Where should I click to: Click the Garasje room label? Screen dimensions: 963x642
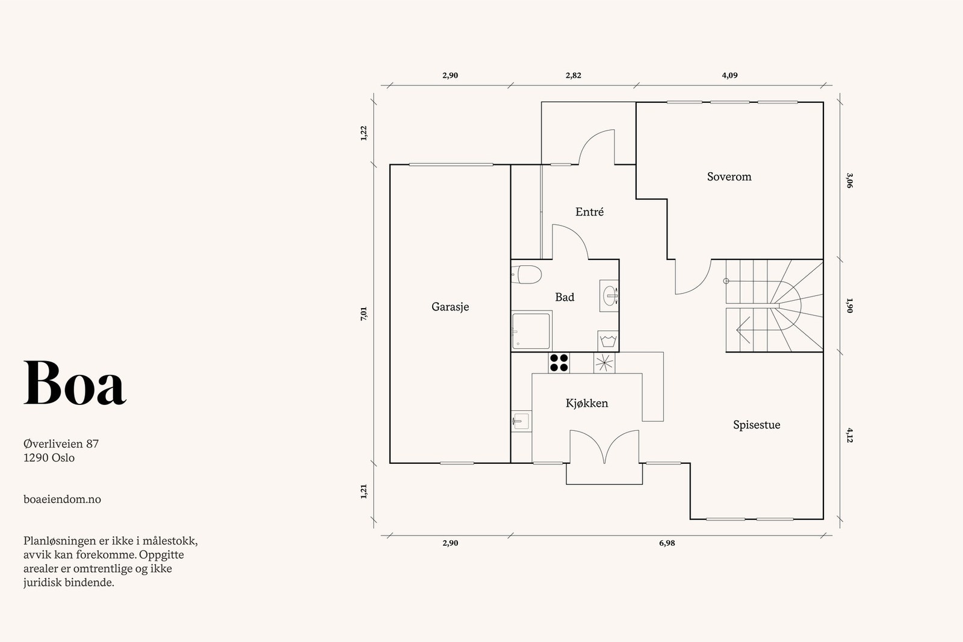(450, 307)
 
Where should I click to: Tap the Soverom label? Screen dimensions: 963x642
(729, 177)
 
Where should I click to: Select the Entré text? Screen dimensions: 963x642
(589, 211)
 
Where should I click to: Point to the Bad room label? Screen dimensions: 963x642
(565, 297)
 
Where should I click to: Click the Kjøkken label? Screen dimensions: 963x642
(587, 403)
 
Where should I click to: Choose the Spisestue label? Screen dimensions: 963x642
(757, 425)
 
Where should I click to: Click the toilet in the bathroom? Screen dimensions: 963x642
(526, 274)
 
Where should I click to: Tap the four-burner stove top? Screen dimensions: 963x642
(559, 363)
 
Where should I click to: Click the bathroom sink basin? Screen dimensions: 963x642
(609, 295)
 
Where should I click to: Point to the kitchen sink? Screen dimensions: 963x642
(521, 421)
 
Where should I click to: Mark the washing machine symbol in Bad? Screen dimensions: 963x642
(608, 341)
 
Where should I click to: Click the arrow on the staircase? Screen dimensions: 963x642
(743, 330)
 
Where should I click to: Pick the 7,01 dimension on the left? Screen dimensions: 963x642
(364, 313)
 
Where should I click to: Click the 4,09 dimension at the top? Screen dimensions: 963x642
(729, 75)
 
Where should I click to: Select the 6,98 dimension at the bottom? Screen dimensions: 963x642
(667, 543)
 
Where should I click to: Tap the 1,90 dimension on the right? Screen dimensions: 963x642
(849, 306)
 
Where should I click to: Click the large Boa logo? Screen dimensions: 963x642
(75, 383)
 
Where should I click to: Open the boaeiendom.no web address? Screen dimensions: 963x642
(63, 499)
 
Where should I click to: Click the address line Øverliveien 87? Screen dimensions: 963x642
(61, 443)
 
